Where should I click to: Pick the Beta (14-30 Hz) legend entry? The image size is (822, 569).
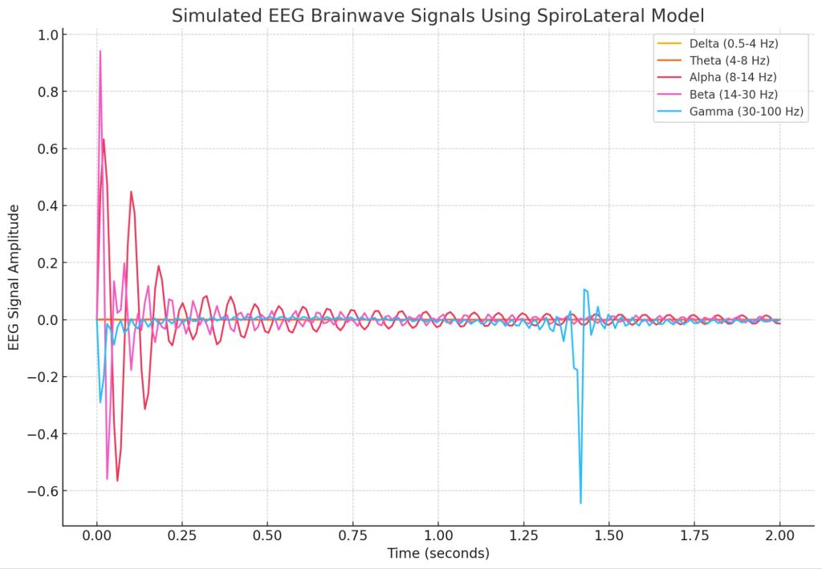(733, 94)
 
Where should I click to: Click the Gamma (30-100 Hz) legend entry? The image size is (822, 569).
(746, 112)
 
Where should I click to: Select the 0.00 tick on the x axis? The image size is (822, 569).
(97, 534)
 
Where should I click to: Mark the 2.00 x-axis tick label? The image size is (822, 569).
(779, 534)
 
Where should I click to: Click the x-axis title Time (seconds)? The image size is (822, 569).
(437, 553)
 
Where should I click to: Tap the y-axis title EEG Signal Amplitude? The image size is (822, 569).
(15, 277)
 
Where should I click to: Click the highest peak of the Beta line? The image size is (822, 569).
(100, 51)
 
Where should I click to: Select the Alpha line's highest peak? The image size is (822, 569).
(104, 140)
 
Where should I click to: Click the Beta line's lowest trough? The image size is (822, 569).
(107, 479)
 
